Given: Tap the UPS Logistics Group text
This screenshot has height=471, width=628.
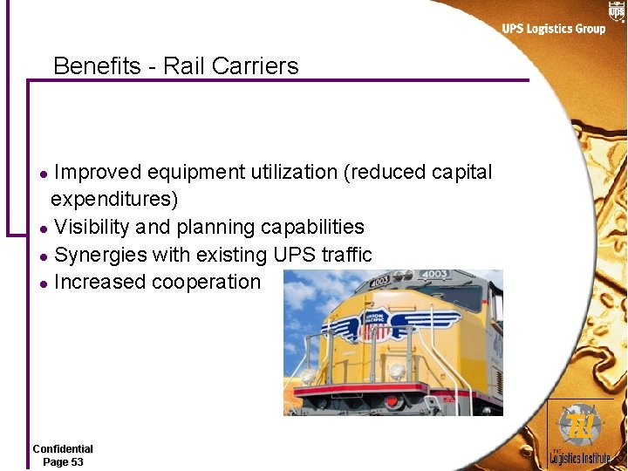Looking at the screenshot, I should (x=553, y=29).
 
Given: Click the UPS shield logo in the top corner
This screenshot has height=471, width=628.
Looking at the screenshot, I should (x=617, y=10).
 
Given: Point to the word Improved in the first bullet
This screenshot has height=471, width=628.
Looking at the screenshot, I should (x=98, y=173).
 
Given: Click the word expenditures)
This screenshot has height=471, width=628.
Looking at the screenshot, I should (x=114, y=200).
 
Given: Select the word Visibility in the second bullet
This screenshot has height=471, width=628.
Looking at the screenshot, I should (x=92, y=227).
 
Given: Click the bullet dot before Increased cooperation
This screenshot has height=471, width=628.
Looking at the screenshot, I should (x=44, y=283).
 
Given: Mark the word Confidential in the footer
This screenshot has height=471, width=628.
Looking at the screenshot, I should (x=63, y=449).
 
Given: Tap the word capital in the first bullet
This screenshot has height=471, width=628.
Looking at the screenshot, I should (x=461, y=173).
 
